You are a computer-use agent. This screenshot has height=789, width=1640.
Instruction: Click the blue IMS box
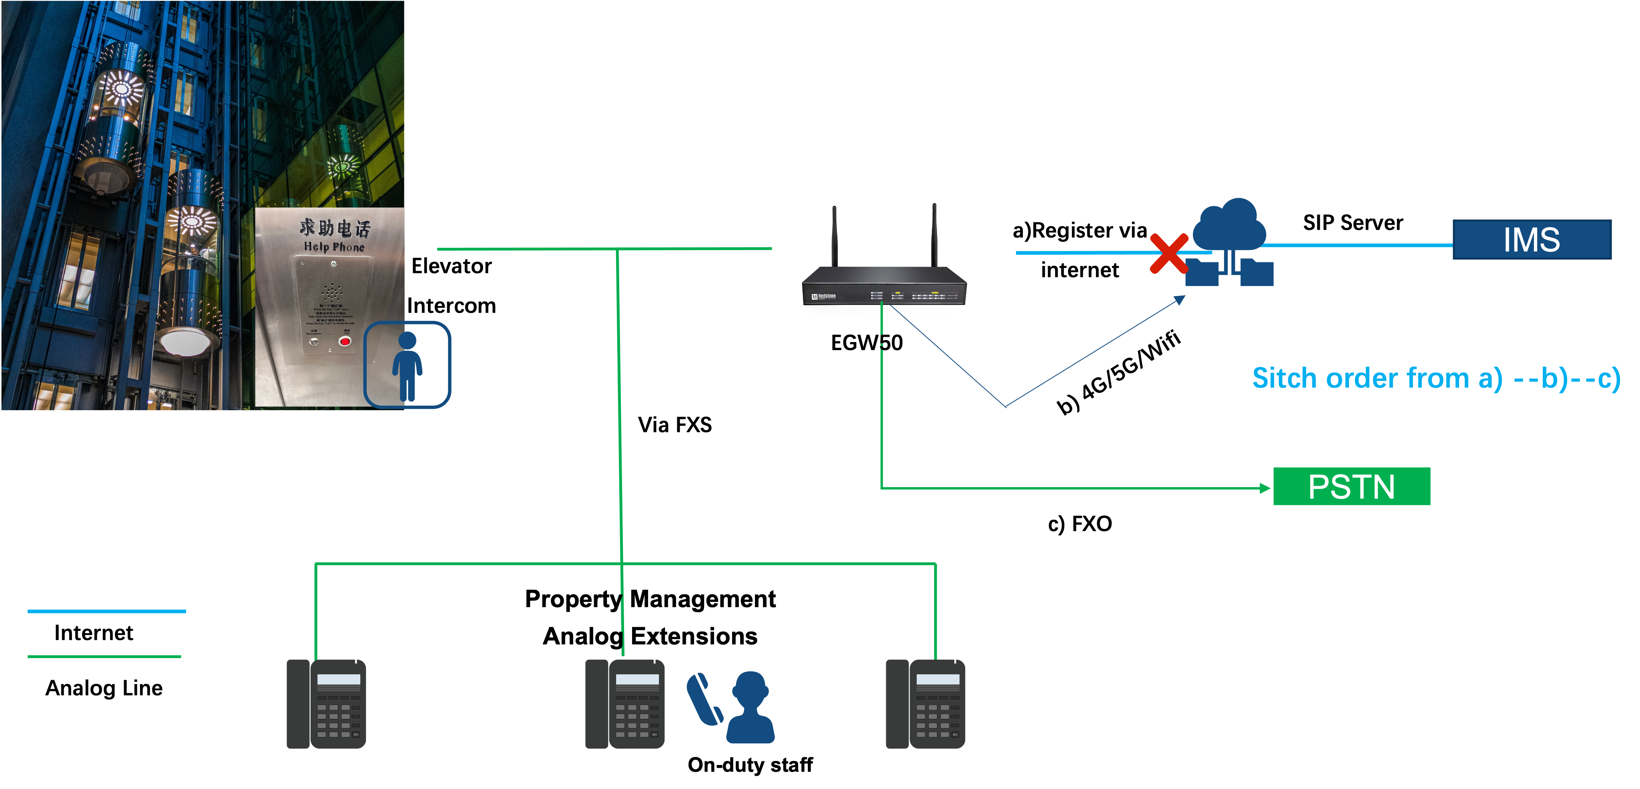[1531, 240]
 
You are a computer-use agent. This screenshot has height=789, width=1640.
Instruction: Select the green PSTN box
[1351, 487]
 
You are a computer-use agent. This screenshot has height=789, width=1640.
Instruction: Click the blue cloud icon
[1229, 226]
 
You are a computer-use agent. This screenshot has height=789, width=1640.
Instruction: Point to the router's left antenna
[834, 235]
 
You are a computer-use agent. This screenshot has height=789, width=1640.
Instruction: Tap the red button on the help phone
[345, 341]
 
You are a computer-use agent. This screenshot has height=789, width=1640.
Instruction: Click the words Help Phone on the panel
[334, 247]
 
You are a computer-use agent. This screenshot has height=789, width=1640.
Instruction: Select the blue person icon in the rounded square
[407, 365]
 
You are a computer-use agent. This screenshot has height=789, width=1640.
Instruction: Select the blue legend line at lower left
[106, 611]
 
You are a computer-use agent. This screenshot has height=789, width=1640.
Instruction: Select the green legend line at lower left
[104, 656]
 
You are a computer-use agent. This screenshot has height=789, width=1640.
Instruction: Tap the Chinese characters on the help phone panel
[335, 227]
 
